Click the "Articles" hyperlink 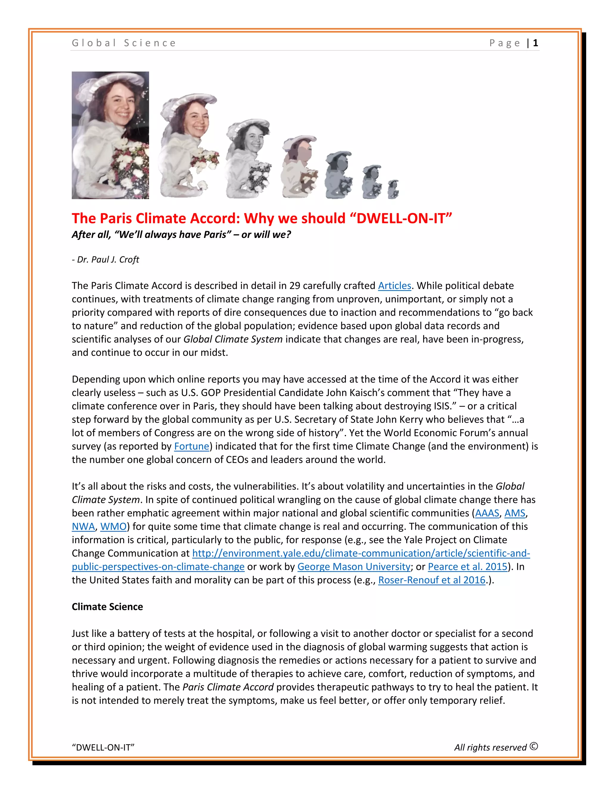coord(394,286)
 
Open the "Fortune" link coord(192,447)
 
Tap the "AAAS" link coord(487,513)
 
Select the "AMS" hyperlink coord(515,513)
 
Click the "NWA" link coord(83,527)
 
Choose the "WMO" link coord(113,527)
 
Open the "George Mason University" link coord(354,567)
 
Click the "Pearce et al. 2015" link coord(468,567)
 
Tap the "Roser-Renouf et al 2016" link coord(432,580)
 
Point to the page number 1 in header coord(536,43)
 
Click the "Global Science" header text coord(124,43)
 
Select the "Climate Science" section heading coord(107,607)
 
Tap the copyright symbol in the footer coord(534,746)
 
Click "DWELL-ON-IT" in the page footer coord(103,747)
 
